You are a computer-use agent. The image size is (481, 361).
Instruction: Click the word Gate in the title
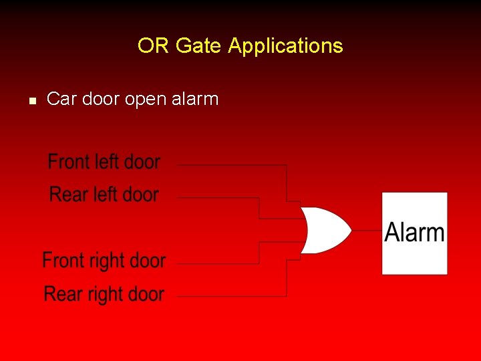[199, 46]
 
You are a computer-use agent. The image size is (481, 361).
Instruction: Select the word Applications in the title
[285, 46]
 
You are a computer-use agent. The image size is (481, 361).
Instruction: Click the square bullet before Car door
[31, 101]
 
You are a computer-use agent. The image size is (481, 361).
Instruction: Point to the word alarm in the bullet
[194, 100]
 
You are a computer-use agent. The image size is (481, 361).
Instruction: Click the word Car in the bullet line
[61, 100]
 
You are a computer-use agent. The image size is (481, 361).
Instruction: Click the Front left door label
[104, 162]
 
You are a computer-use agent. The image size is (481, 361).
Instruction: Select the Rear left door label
[104, 195]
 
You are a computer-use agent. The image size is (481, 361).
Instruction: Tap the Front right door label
[104, 260]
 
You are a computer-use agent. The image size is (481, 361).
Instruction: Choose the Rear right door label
[104, 293]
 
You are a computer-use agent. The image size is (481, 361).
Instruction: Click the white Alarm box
[414, 233]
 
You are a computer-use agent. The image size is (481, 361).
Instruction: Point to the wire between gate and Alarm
[366, 231]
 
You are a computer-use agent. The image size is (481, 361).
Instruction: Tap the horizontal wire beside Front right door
[217, 263]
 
